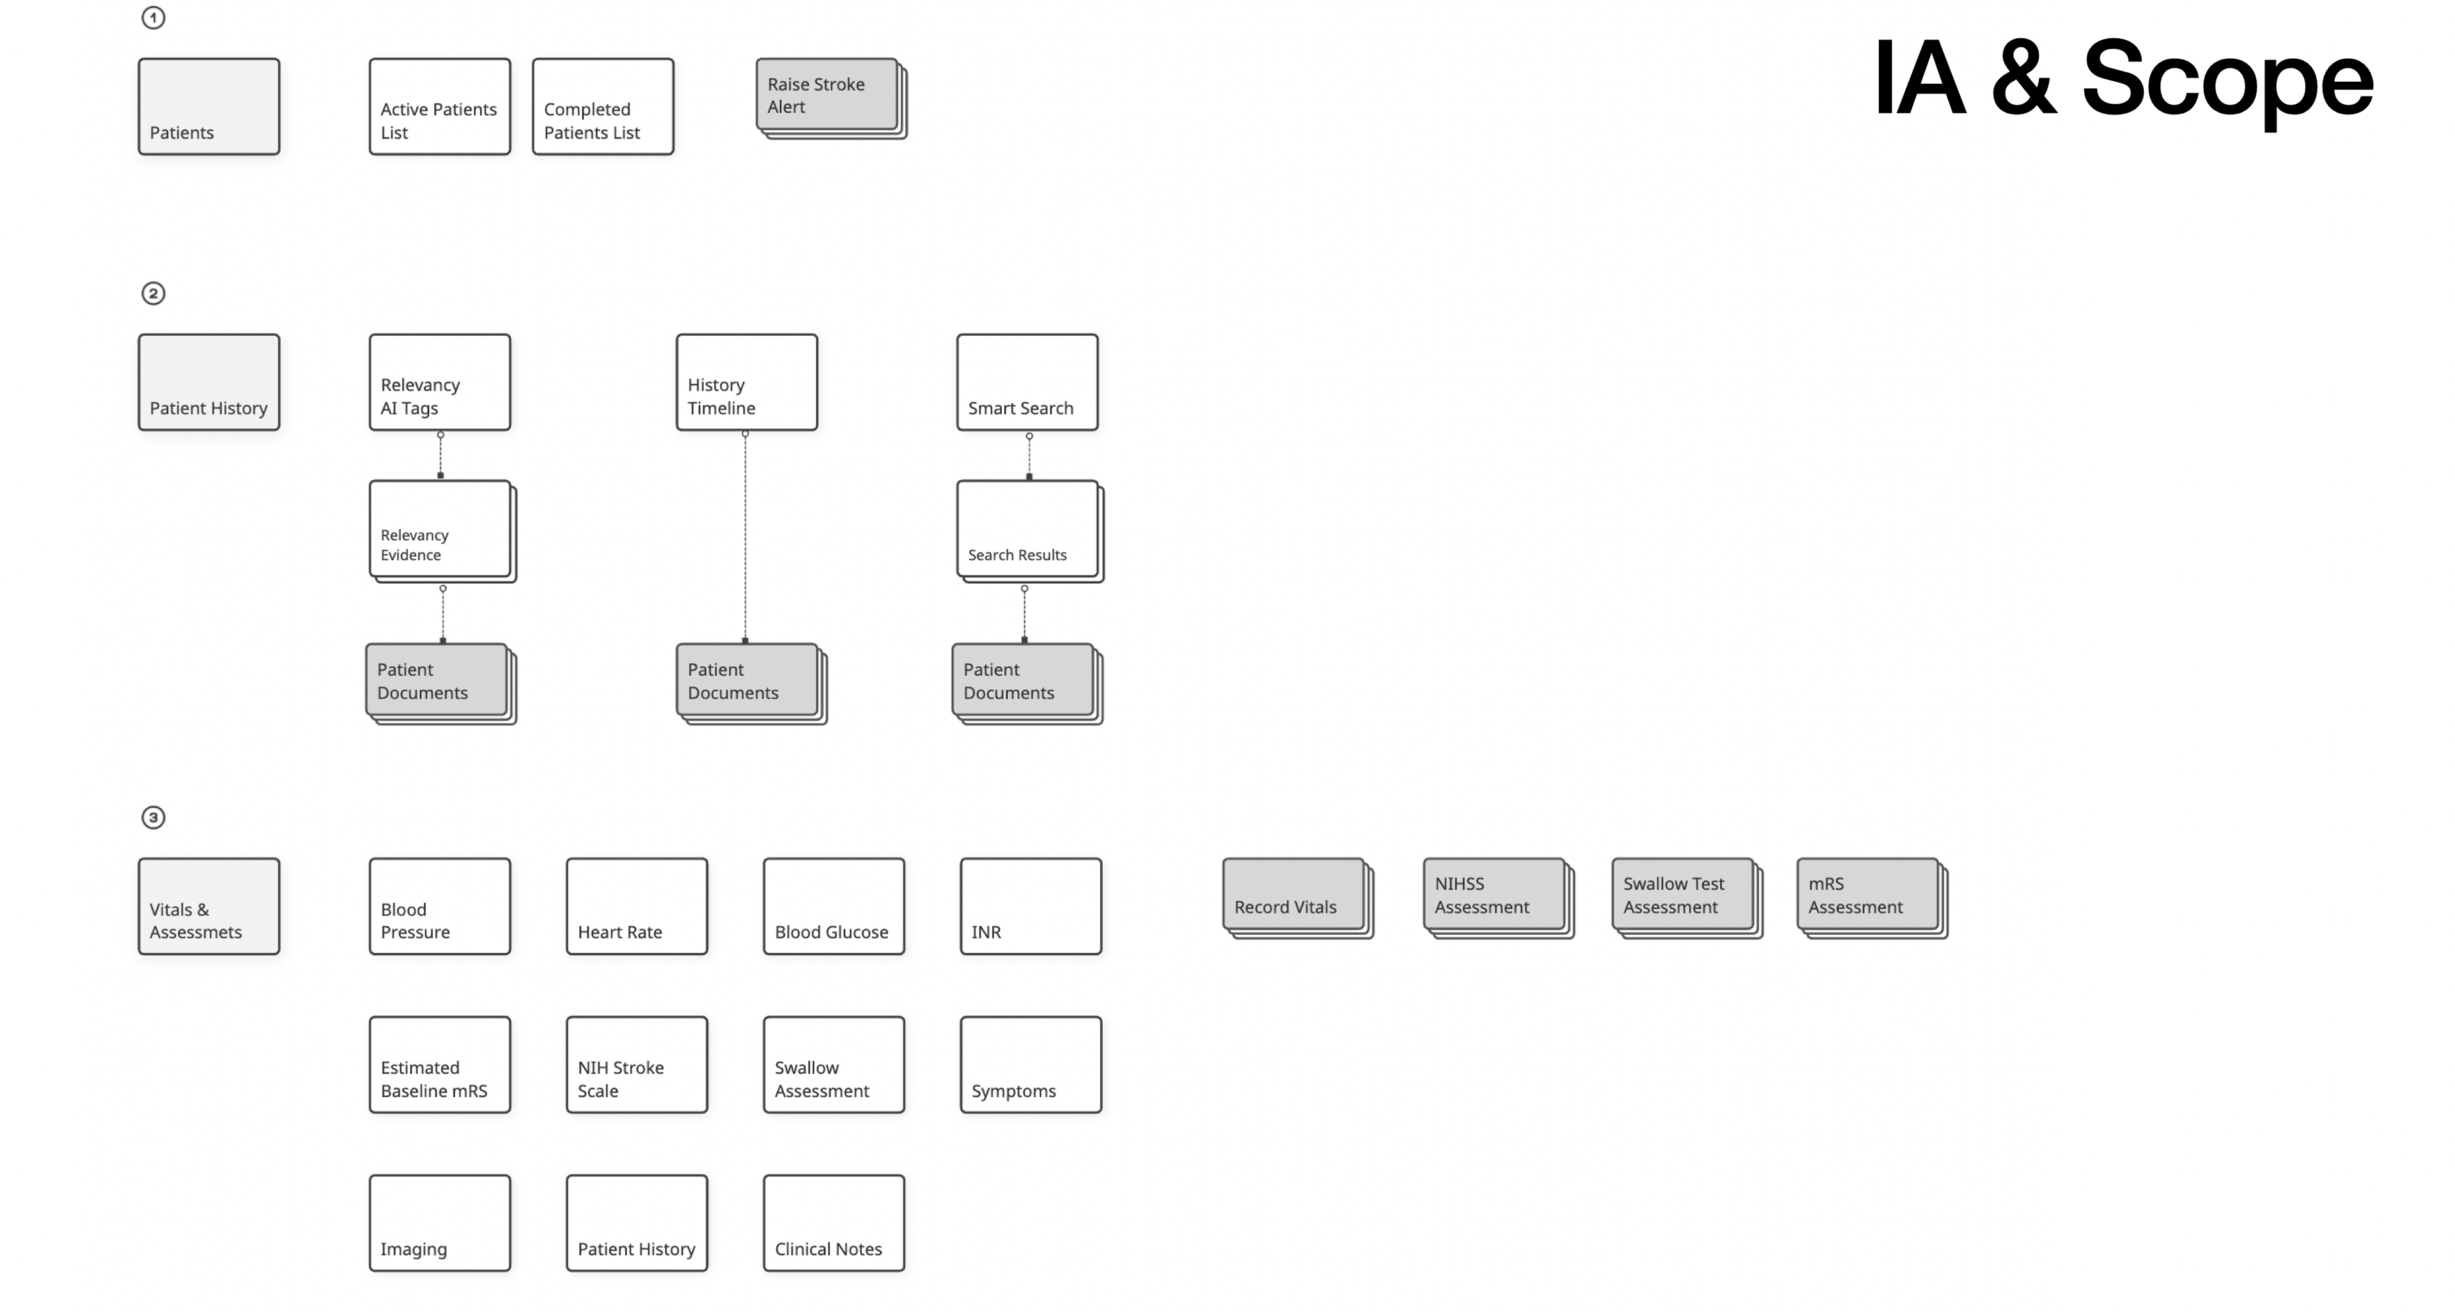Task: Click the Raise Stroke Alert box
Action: [827, 95]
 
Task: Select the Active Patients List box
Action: [439, 107]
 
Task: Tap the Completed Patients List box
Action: [602, 107]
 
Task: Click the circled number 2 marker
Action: [153, 293]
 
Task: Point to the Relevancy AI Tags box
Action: [439, 382]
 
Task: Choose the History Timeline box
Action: [746, 382]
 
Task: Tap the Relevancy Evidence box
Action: [439, 529]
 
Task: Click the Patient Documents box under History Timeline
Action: [747, 680]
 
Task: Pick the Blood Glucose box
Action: [834, 906]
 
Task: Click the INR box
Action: [1030, 906]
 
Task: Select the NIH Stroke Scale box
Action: [637, 1065]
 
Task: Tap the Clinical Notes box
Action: [834, 1222]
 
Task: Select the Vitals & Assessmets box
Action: [208, 906]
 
